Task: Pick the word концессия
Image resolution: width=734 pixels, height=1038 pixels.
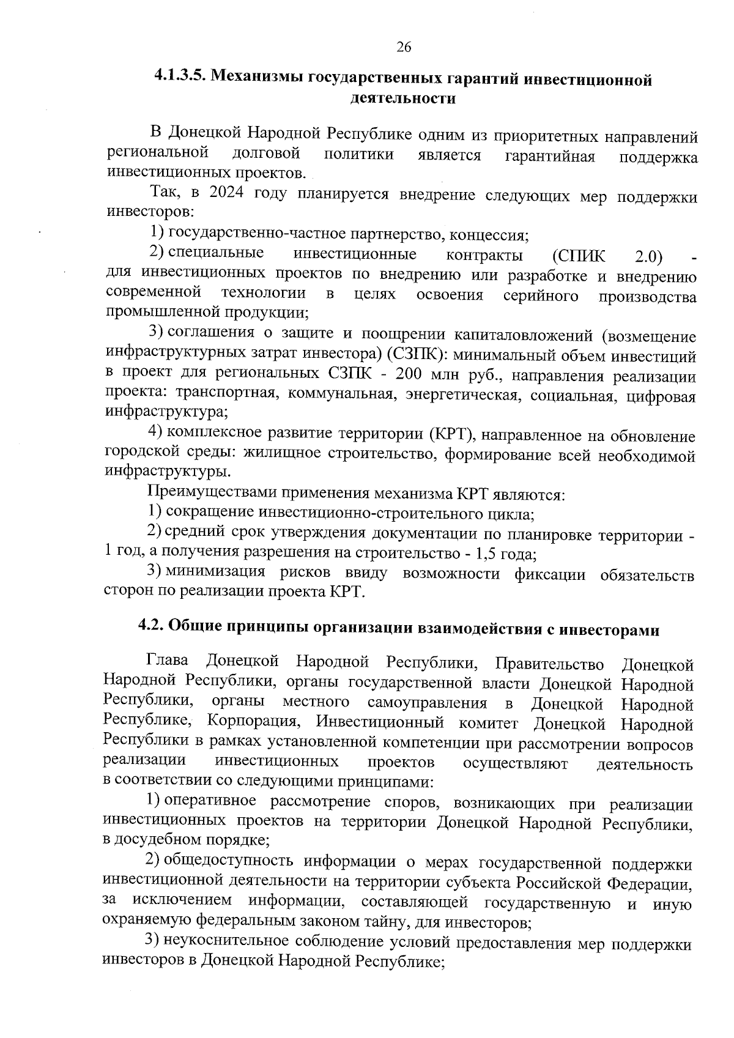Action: pos(492,234)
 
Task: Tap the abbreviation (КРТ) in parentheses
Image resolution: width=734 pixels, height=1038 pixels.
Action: pos(453,435)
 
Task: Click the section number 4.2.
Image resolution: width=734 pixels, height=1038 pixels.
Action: pos(150,626)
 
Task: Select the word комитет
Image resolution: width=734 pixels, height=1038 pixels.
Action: pos(489,724)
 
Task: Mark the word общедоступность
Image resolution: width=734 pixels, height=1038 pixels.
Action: pos(230,861)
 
